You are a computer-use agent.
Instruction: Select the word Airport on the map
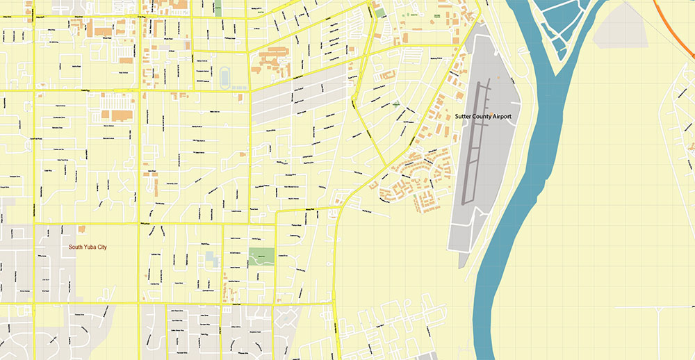[514, 117]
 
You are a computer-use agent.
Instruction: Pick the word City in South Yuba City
[109, 247]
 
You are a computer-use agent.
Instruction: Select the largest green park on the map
[261, 259]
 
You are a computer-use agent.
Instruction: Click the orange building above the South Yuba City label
[82, 229]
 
